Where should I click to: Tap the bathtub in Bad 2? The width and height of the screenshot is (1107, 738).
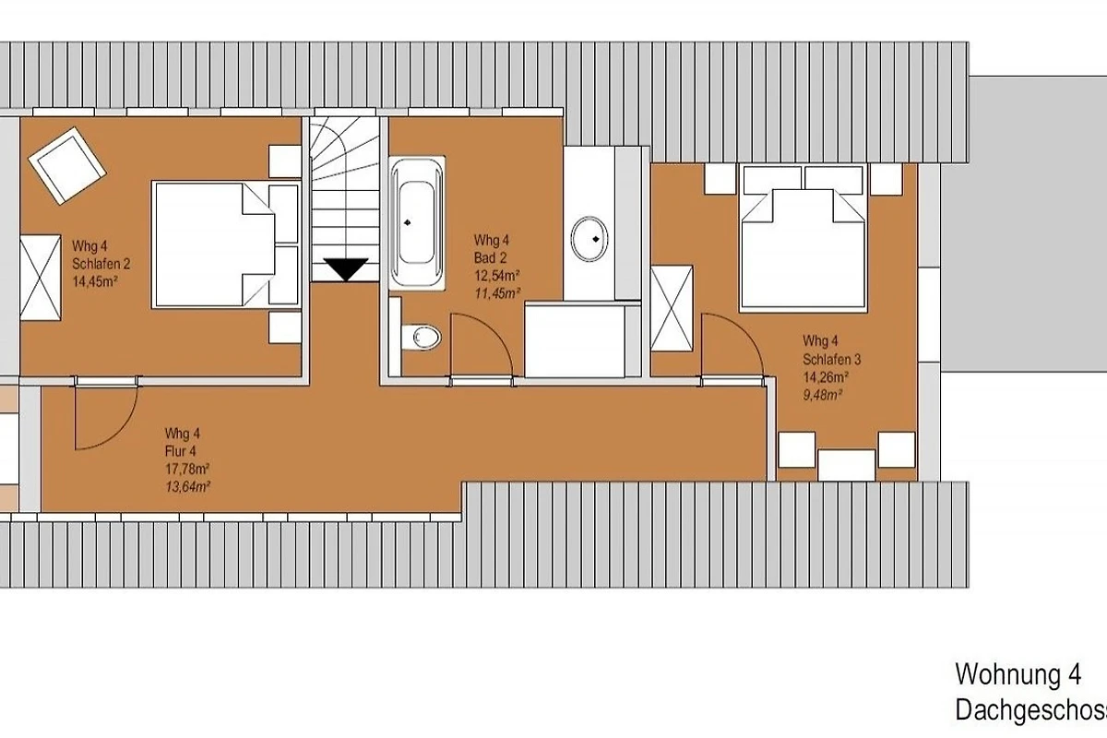pyautogui.click(x=417, y=223)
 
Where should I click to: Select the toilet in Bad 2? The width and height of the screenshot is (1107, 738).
pyautogui.click(x=421, y=338)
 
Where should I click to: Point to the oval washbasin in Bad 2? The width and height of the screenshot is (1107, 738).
pyautogui.click(x=589, y=239)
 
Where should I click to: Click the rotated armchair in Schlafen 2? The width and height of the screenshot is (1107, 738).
pyautogui.click(x=67, y=166)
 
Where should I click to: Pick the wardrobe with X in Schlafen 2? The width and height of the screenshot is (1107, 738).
pyautogui.click(x=41, y=278)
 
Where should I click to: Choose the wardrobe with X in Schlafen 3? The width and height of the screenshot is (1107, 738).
pyautogui.click(x=672, y=308)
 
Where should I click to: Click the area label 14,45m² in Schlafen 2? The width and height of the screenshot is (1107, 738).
pyautogui.click(x=95, y=281)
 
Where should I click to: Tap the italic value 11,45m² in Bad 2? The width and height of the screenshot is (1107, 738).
pyautogui.click(x=497, y=293)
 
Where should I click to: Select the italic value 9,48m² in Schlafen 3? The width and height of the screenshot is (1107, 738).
pyautogui.click(x=822, y=396)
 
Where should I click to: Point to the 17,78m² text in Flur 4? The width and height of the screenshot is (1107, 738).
pyautogui.click(x=187, y=469)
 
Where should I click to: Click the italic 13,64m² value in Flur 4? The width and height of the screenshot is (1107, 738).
pyautogui.click(x=188, y=487)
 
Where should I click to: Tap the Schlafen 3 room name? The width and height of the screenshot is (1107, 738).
pyautogui.click(x=832, y=360)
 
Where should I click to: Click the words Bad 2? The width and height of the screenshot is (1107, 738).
pyautogui.click(x=490, y=257)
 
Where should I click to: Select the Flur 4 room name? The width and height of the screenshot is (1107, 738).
pyautogui.click(x=181, y=451)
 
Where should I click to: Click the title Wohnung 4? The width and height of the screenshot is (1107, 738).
pyautogui.click(x=1018, y=674)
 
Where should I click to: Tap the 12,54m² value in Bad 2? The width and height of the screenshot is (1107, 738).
pyautogui.click(x=497, y=275)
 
